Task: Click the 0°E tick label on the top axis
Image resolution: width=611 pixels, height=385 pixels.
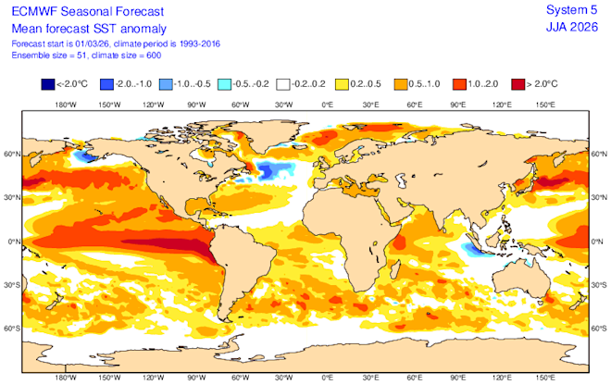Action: point(327,105)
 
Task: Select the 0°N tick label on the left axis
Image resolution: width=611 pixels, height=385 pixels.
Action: point(13,241)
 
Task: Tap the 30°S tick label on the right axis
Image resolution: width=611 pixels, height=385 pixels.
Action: point(599,284)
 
